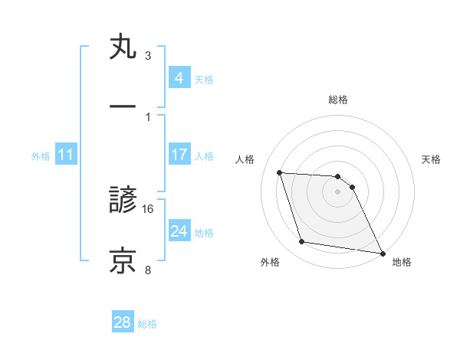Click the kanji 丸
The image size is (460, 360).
click(123, 48)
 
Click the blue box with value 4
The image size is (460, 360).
click(179, 77)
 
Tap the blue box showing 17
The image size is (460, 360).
click(179, 155)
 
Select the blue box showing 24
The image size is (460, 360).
click(179, 231)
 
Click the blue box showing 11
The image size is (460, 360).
click(66, 155)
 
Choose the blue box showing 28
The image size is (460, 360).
click(123, 322)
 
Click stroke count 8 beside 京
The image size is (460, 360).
click(148, 269)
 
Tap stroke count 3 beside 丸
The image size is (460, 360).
click(148, 56)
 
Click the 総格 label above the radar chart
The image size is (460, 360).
click(338, 100)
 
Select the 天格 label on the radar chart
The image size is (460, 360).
click(431, 159)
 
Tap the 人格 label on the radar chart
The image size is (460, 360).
click(246, 159)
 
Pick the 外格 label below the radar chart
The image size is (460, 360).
click(270, 262)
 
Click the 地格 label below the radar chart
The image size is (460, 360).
click(402, 262)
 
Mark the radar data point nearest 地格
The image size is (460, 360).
click(382, 253)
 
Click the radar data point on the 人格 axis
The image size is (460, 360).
click(279, 172)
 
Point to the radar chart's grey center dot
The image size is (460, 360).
click(338, 191)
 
